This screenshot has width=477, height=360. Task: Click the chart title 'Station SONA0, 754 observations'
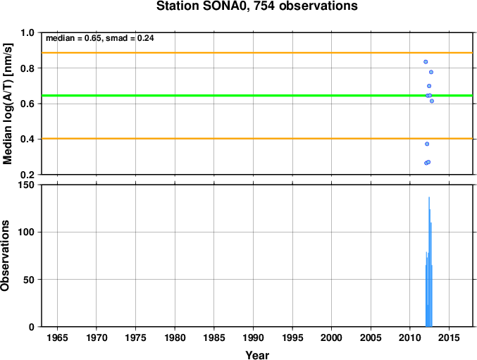click(256, 6)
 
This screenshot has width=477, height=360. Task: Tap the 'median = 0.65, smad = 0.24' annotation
click(100, 38)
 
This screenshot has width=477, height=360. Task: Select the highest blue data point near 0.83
click(426, 62)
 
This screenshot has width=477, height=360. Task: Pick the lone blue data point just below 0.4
click(427, 144)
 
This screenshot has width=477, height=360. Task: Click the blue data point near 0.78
click(431, 72)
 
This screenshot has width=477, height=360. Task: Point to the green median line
click(257, 96)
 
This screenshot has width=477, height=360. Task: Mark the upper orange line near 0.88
click(257, 53)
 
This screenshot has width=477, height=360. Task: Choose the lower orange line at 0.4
click(257, 139)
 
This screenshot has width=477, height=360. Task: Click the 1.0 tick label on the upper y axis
click(27, 32)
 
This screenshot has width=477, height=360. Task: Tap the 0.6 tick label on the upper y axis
click(27, 104)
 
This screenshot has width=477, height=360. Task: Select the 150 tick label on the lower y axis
click(27, 185)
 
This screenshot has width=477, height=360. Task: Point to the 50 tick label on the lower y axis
click(29, 280)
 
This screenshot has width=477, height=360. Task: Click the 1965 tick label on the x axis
click(58, 337)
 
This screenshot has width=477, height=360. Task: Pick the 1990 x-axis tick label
click(254, 337)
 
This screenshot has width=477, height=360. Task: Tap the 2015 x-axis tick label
click(450, 337)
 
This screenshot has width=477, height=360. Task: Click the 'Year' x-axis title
click(257, 355)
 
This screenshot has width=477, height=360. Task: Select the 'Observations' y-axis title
click(5, 256)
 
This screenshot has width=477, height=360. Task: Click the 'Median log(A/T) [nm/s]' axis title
click(7, 104)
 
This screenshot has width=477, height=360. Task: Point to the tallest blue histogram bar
click(429, 262)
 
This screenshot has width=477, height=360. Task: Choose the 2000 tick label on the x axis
click(332, 337)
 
